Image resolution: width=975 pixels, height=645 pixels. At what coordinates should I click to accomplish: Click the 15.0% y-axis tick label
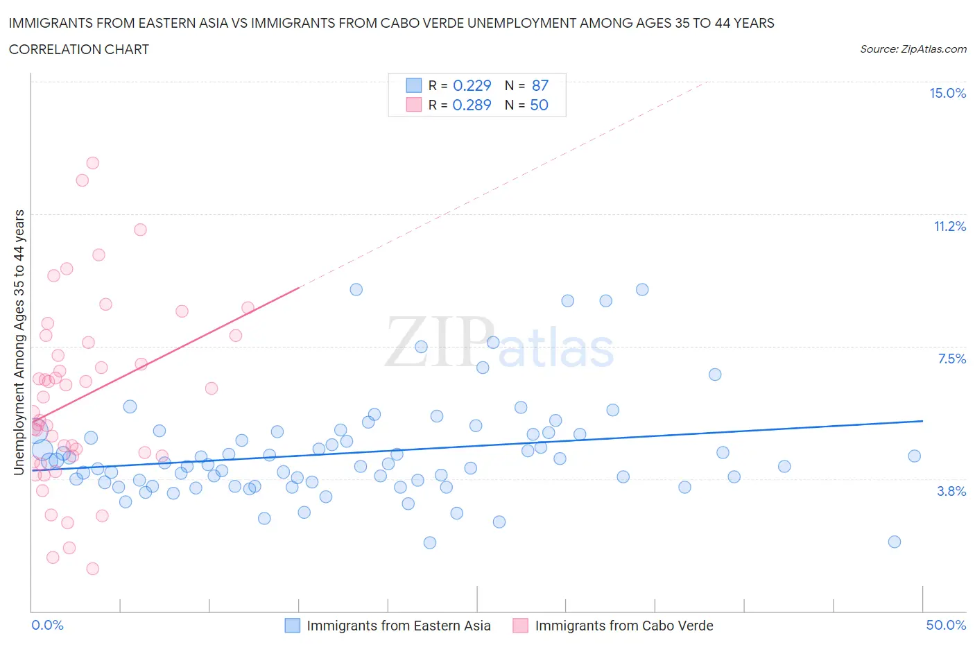click(x=947, y=93)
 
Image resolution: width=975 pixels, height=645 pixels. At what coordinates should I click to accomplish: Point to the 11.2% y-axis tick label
click(x=949, y=226)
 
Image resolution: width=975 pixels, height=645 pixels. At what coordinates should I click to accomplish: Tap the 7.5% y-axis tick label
click(x=951, y=359)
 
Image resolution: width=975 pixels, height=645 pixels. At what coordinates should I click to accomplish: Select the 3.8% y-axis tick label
click(x=951, y=491)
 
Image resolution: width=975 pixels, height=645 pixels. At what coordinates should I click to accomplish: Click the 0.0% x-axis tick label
click(x=47, y=625)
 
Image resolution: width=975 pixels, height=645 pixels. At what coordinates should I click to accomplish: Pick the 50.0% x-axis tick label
click(x=946, y=625)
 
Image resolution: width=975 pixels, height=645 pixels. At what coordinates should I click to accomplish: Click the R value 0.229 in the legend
click(x=472, y=85)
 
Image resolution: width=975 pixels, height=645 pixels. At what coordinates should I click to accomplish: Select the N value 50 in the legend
click(x=539, y=105)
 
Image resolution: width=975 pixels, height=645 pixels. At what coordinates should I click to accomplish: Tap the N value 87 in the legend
click(x=540, y=85)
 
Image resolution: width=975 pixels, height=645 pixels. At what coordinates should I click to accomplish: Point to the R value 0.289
click(x=472, y=105)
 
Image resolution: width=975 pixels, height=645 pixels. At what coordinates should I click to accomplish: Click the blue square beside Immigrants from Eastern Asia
click(x=293, y=626)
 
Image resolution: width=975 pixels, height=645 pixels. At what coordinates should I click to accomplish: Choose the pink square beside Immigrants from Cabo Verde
click(x=520, y=626)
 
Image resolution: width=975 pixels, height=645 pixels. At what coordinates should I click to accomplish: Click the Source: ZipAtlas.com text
click(x=913, y=49)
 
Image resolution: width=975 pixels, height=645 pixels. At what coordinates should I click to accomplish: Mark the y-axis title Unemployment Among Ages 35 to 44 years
click(x=19, y=343)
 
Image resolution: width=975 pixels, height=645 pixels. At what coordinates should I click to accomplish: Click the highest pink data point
click(x=92, y=163)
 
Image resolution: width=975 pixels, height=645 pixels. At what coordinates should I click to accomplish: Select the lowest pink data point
click(x=92, y=569)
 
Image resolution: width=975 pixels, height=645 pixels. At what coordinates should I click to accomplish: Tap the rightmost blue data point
click(x=914, y=456)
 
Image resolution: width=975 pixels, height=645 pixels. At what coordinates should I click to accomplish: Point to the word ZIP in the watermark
click(x=438, y=343)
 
